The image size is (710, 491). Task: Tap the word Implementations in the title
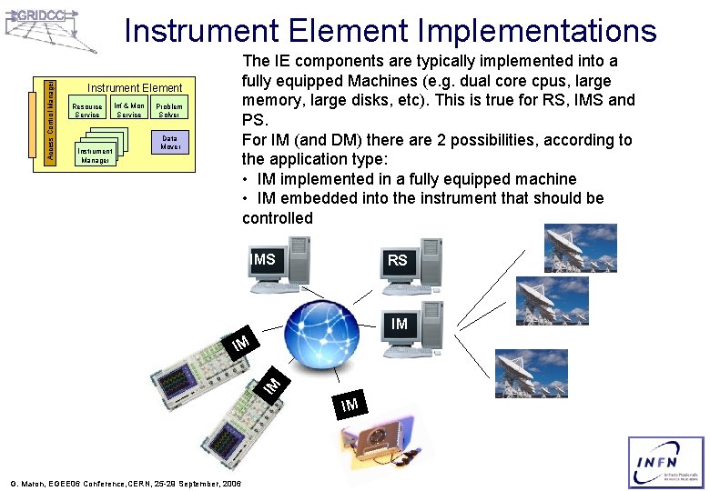pyautogui.click(x=536, y=32)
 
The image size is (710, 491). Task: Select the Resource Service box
pyautogui.click(x=87, y=111)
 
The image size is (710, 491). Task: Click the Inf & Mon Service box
pyautogui.click(x=129, y=111)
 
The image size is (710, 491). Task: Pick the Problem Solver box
pyautogui.click(x=169, y=111)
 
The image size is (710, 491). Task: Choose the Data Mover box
pyautogui.click(x=169, y=143)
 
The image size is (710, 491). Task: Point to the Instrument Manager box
pyautogui.click(x=95, y=155)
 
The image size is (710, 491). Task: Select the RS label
pyautogui.click(x=397, y=261)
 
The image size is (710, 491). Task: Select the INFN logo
pyautogui.click(x=665, y=463)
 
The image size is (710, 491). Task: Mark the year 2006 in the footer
pyautogui.click(x=229, y=484)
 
